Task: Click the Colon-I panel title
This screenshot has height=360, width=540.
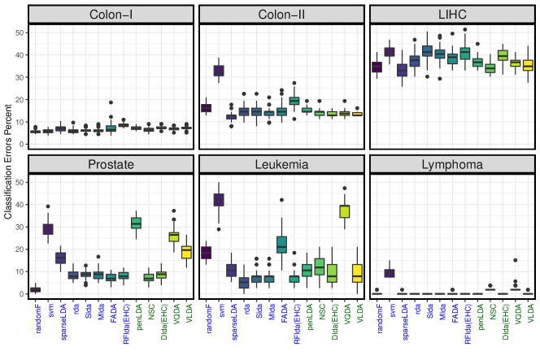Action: tap(111, 15)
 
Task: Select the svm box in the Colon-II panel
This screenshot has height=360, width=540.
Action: tap(219, 71)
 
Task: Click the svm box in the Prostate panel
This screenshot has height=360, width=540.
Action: tap(48, 228)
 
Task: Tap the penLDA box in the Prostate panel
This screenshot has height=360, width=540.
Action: tap(136, 223)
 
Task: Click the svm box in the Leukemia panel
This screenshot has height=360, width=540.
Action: tap(219, 200)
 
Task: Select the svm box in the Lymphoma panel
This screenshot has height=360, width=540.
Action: tap(389, 273)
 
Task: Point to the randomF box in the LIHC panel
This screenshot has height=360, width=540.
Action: tap(377, 67)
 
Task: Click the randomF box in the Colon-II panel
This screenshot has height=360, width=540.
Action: tap(207, 108)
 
